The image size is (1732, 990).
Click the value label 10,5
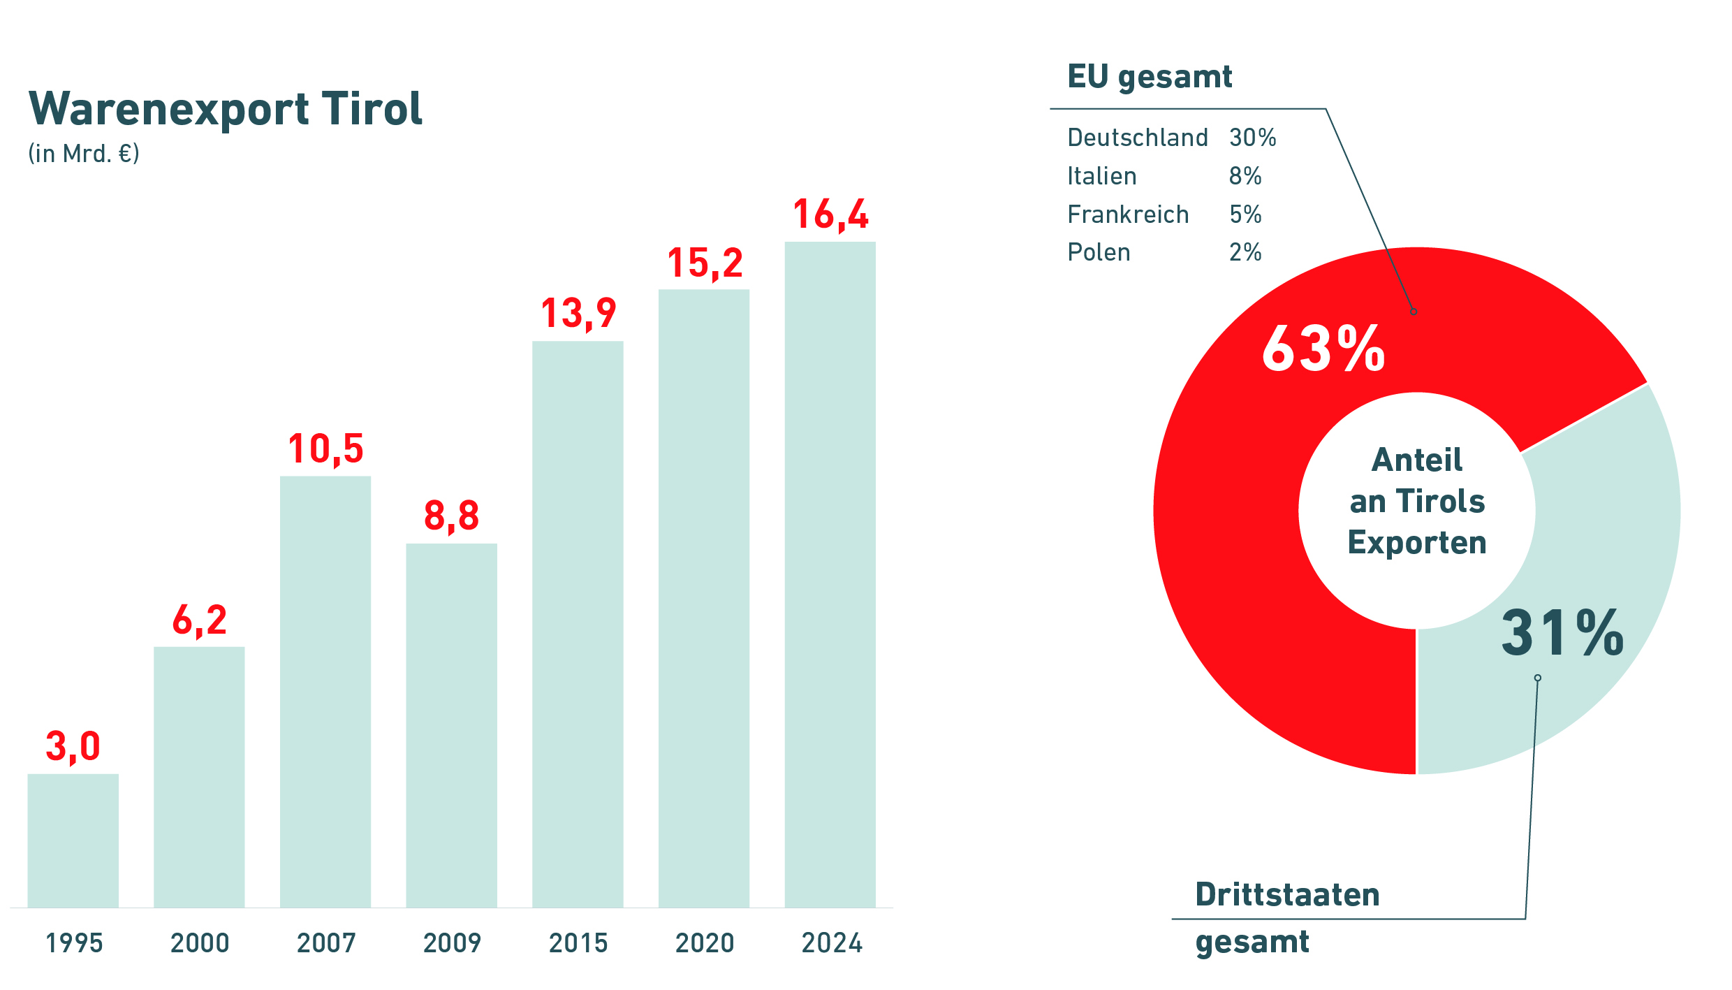tap(325, 449)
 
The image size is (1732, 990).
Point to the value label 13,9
tap(578, 313)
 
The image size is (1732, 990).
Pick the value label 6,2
tap(200, 620)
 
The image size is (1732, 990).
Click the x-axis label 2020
tap(705, 943)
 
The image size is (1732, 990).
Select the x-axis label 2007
tap(326, 943)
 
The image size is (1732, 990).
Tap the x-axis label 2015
tap(578, 943)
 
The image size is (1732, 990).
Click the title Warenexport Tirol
tap(226, 109)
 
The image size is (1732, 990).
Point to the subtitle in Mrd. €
tap(84, 154)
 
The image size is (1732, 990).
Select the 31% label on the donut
tap(1562, 633)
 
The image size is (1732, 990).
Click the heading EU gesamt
tap(1150, 77)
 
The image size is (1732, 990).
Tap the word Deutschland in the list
tap(1138, 138)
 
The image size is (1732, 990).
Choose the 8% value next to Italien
tap(1245, 176)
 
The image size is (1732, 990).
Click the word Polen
tap(1099, 252)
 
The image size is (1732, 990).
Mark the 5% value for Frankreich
tap(1245, 214)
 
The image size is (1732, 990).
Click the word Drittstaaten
tap(1287, 895)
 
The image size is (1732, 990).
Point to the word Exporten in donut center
tap(1417, 543)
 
